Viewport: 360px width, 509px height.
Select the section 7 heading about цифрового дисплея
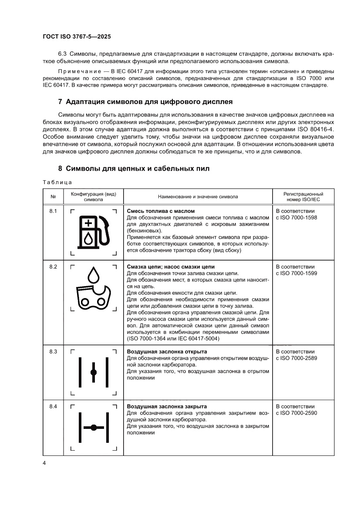[145, 102]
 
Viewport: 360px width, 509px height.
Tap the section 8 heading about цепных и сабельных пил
[134, 169]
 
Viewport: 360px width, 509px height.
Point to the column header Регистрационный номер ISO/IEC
[303, 196]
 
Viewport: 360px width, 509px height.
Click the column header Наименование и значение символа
[198, 196]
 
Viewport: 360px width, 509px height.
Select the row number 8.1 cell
[53, 211]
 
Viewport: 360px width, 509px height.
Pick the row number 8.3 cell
[53, 351]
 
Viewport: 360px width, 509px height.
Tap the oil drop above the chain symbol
[93, 274]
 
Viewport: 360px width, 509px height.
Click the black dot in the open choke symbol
[94, 372]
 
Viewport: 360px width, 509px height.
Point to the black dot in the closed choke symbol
[94, 428]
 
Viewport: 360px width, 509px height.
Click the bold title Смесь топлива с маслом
[160, 211]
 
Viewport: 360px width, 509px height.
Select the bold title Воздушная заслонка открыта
[167, 351]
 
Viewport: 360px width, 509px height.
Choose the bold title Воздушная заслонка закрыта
[166, 406]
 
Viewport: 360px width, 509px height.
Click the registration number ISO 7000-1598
[297, 217]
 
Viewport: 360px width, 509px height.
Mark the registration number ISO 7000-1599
[297, 273]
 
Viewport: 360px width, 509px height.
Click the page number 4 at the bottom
[44, 462]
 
